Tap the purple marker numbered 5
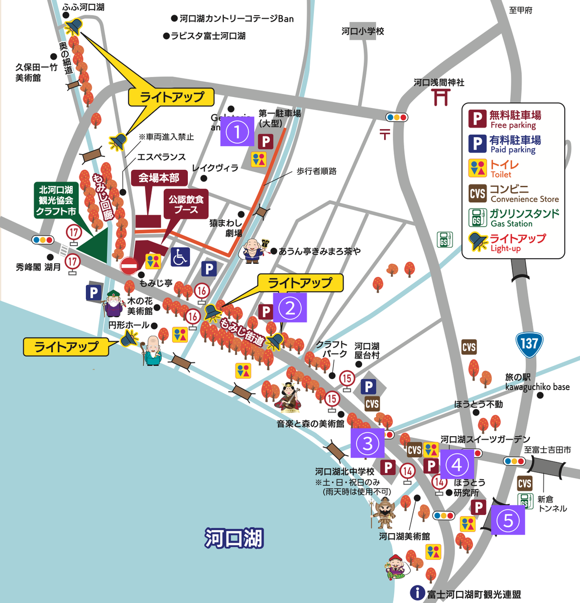tap(508, 520)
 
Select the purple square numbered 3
tap(367, 443)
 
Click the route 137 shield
tap(529, 345)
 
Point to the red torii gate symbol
tap(441, 97)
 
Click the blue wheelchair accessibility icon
tap(180, 257)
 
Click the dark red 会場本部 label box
tap(159, 178)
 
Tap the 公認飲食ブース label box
tap(186, 204)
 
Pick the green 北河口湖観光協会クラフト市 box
tap(56, 200)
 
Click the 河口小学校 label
tap(363, 31)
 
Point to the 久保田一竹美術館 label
tap(36, 72)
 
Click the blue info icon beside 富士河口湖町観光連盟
tap(417, 593)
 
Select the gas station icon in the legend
tap(478, 218)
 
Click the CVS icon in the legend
tap(478, 193)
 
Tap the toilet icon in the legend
tap(478, 169)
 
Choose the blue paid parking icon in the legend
tap(478, 144)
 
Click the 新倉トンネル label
tap(552, 504)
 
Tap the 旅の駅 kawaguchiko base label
tap(537, 382)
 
